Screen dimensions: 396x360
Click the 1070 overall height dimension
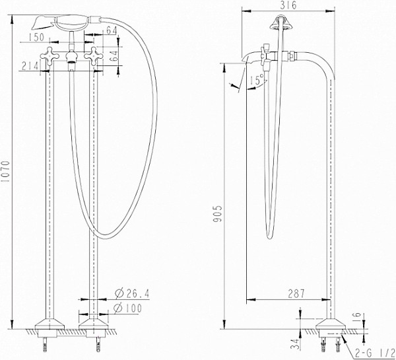tap(5, 172)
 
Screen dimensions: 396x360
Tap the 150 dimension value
tap(36, 38)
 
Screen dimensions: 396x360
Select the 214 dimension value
tap(30, 66)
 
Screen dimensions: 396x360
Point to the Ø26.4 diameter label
tap(132, 293)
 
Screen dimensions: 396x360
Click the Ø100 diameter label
tap(128, 308)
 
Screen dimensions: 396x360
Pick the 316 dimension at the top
tap(288, 5)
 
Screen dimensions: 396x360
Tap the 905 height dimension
tap(217, 214)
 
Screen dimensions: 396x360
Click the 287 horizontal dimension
tap(296, 294)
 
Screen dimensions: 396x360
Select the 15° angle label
tap(257, 80)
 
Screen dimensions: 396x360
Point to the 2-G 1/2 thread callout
tap(374, 353)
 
